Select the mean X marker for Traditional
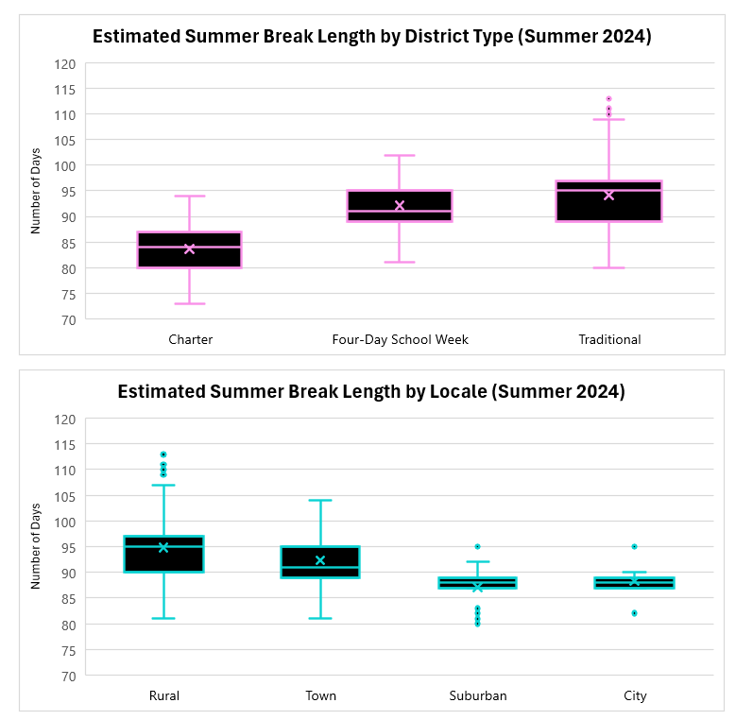608,196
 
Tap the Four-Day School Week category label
400,339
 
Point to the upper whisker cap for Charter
189,196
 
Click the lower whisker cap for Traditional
608,267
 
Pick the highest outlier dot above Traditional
608,98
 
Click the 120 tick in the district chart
64,63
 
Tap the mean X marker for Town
320,560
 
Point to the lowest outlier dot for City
634,613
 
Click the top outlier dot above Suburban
477,546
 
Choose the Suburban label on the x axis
477,695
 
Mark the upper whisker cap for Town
320,500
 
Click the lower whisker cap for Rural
163,618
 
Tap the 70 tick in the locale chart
68,676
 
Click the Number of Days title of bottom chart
36,547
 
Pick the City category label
635,695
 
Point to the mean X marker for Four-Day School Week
399,206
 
